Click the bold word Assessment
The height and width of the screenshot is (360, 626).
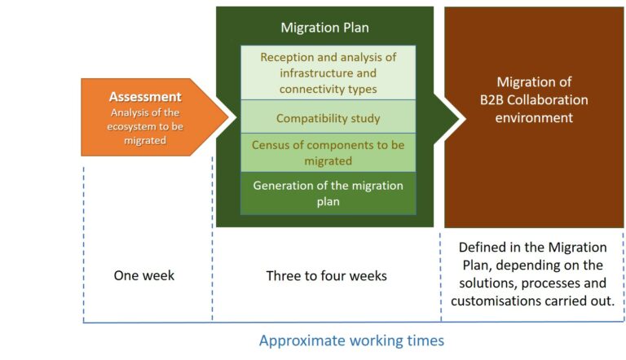coord(145,97)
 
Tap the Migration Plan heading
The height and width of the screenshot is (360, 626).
coord(324,28)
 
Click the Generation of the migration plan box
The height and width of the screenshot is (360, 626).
coord(328,194)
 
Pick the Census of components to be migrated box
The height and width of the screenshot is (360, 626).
coord(328,153)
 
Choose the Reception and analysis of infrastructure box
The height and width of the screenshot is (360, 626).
coord(328,72)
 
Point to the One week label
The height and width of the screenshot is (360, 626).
coord(144,275)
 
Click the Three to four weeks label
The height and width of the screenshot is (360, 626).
coord(327,276)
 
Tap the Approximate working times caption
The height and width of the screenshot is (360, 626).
coord(352,340)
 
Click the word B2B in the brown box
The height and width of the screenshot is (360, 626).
coord(492,100)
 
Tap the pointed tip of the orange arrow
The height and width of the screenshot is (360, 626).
coord(229,117)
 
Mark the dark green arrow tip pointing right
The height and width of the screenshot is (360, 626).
coord(460,117)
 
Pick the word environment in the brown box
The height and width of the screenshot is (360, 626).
coord(534,118)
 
